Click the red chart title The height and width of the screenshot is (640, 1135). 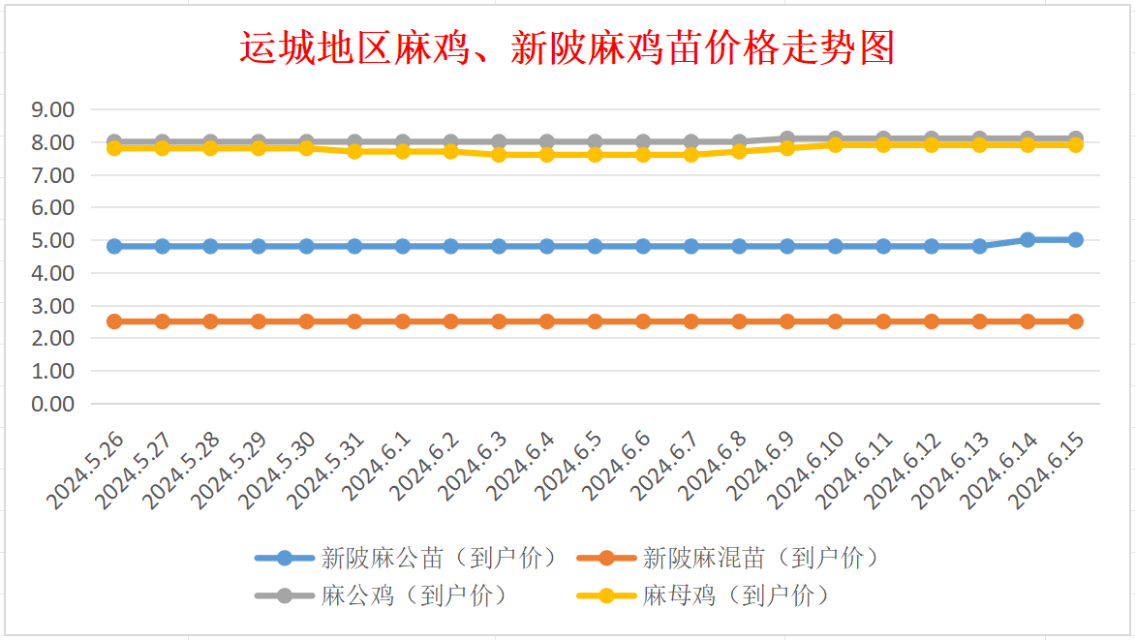coord(567,47)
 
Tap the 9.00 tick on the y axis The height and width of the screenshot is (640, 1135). coord(53,109)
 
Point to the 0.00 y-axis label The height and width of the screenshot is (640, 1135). coord(53,404)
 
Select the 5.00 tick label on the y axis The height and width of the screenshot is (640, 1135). coord(53,240)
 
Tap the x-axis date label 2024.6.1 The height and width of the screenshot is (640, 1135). coord(377,466)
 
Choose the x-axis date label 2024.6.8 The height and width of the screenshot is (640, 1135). coord(713,466)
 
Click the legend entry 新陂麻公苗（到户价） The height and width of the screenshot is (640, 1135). coord(407,559)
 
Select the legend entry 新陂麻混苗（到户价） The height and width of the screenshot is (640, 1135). coord(728,559)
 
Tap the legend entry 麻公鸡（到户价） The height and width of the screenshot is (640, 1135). coord(383,595)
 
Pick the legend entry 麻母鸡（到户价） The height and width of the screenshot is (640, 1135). coord(704,595)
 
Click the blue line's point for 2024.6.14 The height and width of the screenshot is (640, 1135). coord(1028,240)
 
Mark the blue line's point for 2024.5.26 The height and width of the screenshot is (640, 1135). coord(114,246)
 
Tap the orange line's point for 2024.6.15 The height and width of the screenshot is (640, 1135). coord(1076,321)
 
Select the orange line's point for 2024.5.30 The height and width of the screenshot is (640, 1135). coord(306,321)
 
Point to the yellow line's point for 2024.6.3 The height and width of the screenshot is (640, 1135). coord(499,155)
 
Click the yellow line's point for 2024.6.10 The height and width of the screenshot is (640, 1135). coord(836,145)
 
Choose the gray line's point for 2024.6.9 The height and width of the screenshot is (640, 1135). coord(787,138)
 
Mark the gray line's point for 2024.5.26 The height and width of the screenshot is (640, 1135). coord(114,141)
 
